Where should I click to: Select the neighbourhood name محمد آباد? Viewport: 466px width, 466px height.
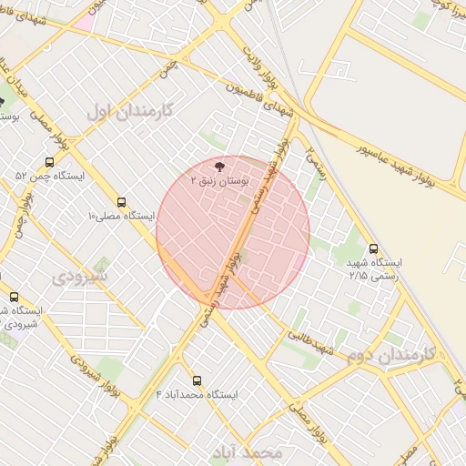[x=247, y=451]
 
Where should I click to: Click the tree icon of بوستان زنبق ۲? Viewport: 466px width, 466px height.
[x=218, y=165]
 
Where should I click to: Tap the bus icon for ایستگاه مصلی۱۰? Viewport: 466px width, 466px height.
[x=122, y=202]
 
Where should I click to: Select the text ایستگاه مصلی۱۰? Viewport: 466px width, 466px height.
[x=121, y=217]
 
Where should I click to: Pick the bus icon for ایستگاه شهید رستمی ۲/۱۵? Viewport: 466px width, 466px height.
[x=374, y=248]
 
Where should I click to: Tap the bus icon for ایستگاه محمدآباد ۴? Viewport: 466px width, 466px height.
[x=197, y=380]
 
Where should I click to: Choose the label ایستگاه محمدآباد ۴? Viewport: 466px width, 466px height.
[x=197, y=395]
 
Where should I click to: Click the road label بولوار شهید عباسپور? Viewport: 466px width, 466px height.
[x=407, y=165]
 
